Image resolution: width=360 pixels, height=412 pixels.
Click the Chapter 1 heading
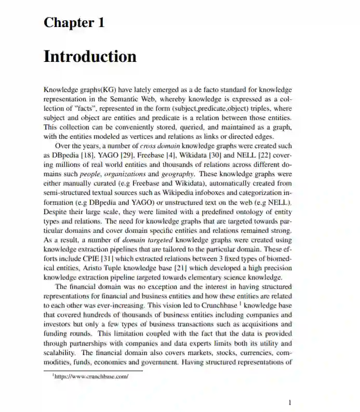pyautogui.click(x=74, y=23)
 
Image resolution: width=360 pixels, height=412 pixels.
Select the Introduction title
pyautogui.click(x=90, y=56)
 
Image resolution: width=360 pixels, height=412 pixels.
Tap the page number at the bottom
pyautogui.click(x=290, y=402)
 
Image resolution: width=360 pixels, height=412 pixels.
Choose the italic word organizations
pyautogui.click(x=126, y=174)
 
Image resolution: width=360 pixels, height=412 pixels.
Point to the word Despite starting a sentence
pyautogui.click(x=56, y=212)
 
